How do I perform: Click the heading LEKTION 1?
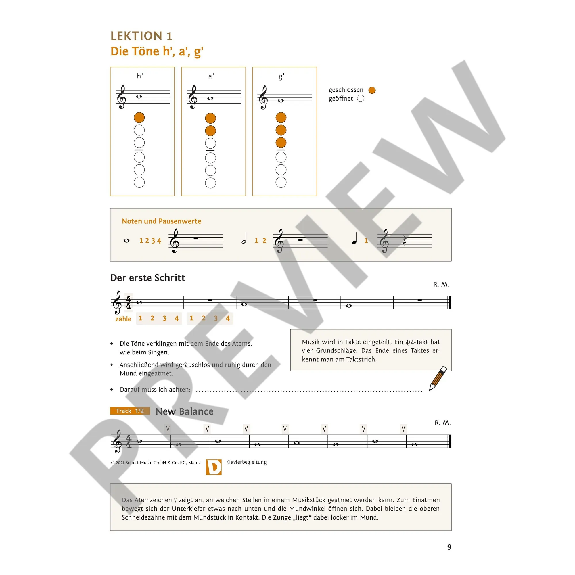pos(141,36)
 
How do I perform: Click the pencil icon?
pos(438,379)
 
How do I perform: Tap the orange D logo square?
pos(214,467)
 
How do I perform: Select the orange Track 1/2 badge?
pos(130,411)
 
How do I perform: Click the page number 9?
pos(449,547)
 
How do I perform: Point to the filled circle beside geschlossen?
pos(372,90)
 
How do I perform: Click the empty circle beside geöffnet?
pos(361,99)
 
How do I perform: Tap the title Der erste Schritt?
pos(147,278)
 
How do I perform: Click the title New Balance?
pos(185,411)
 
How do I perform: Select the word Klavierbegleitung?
pos(246,462)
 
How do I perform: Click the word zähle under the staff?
pos(123,319)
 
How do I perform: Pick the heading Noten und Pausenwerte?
pos(162,221)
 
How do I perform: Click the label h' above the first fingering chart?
pos(140,76)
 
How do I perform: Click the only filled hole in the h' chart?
pos(139,118)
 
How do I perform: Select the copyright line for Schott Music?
pos(156,463)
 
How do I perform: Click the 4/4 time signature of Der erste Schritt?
pos(129,302)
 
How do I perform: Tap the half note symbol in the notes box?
pos(244,239)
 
